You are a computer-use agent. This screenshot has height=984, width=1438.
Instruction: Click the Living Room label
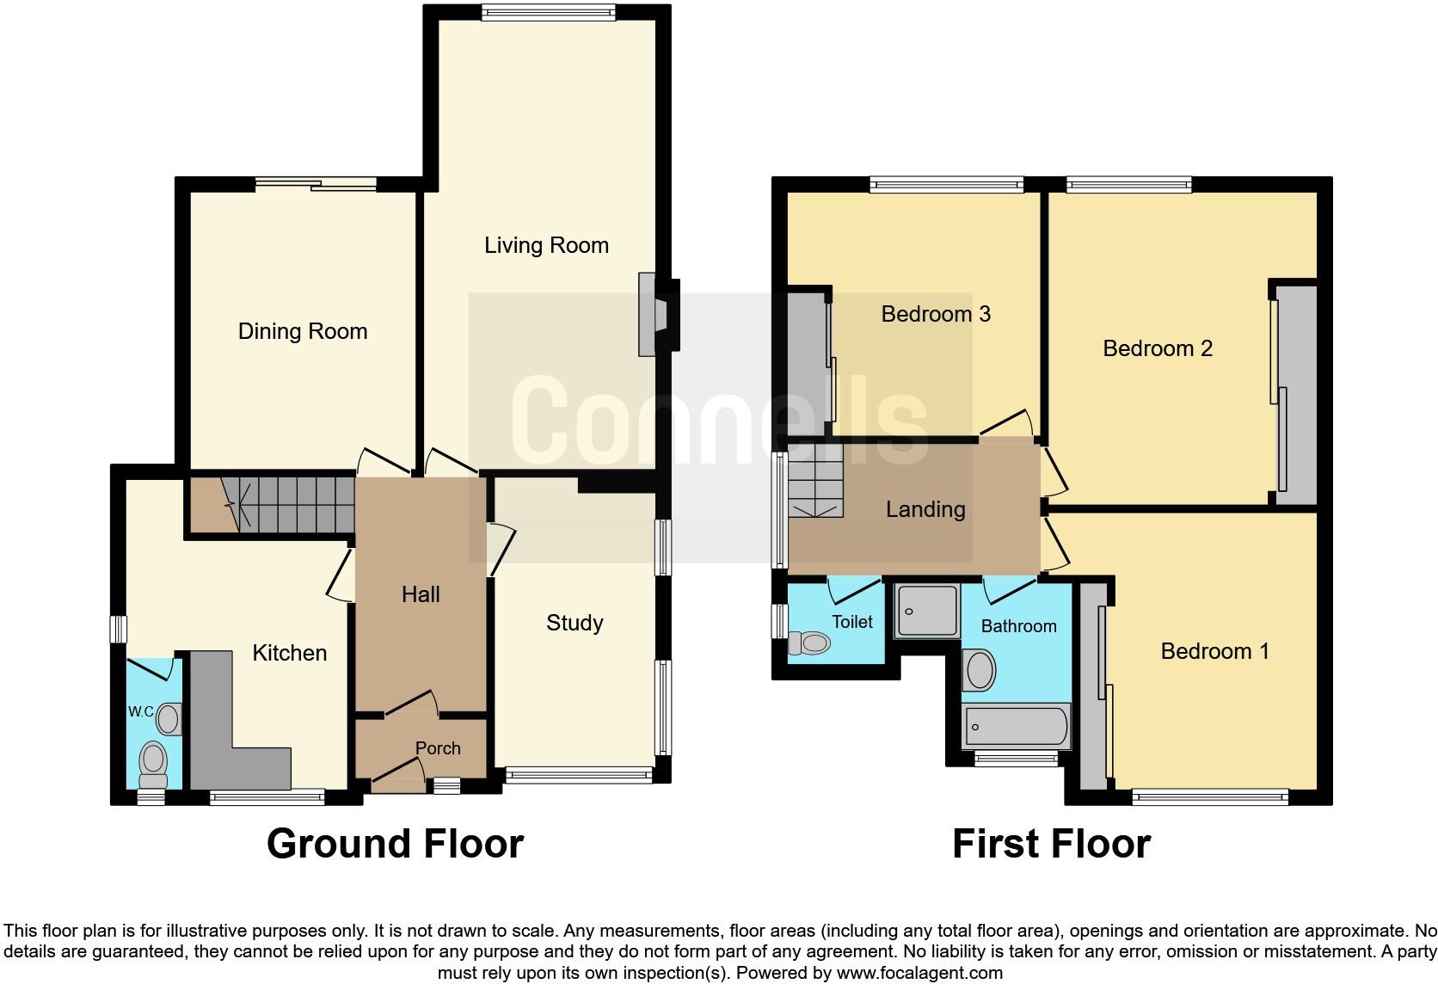click(x=546, y=246)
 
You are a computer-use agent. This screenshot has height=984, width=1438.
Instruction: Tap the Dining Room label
click(x=303, y=332)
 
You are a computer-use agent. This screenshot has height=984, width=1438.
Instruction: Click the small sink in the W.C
click(x=169, y=718)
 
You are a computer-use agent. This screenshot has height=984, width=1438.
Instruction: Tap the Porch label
click(x=438, y=748)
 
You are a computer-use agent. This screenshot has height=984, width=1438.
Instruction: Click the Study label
click(x=575, y=623)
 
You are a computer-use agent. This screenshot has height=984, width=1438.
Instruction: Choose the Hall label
click(x=421, y=594)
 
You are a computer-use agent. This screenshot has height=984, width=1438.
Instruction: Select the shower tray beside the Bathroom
click(x=927, y=610)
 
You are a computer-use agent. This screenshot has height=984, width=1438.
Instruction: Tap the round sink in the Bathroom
click(x=980, y=670)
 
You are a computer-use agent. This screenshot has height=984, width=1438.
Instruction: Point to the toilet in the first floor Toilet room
click(x=809, y=643)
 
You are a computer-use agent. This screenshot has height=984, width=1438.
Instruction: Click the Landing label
click(x=925, y=509)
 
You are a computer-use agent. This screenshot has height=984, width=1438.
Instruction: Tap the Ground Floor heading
click(x=395, y=844)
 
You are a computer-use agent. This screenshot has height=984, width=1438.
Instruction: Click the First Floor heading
click(x=1051, y=844)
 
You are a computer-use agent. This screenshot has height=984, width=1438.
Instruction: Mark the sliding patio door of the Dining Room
click(x=316, y=183)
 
